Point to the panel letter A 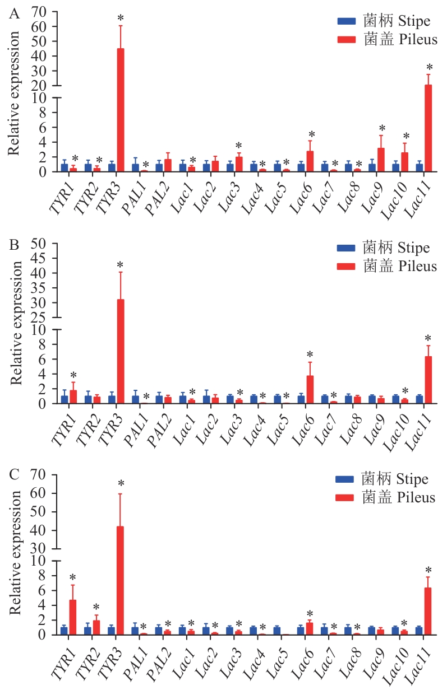coord(15,15)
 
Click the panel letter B coord(15,245)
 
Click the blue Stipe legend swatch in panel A coord(346,21)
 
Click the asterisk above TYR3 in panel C coord(121,484)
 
